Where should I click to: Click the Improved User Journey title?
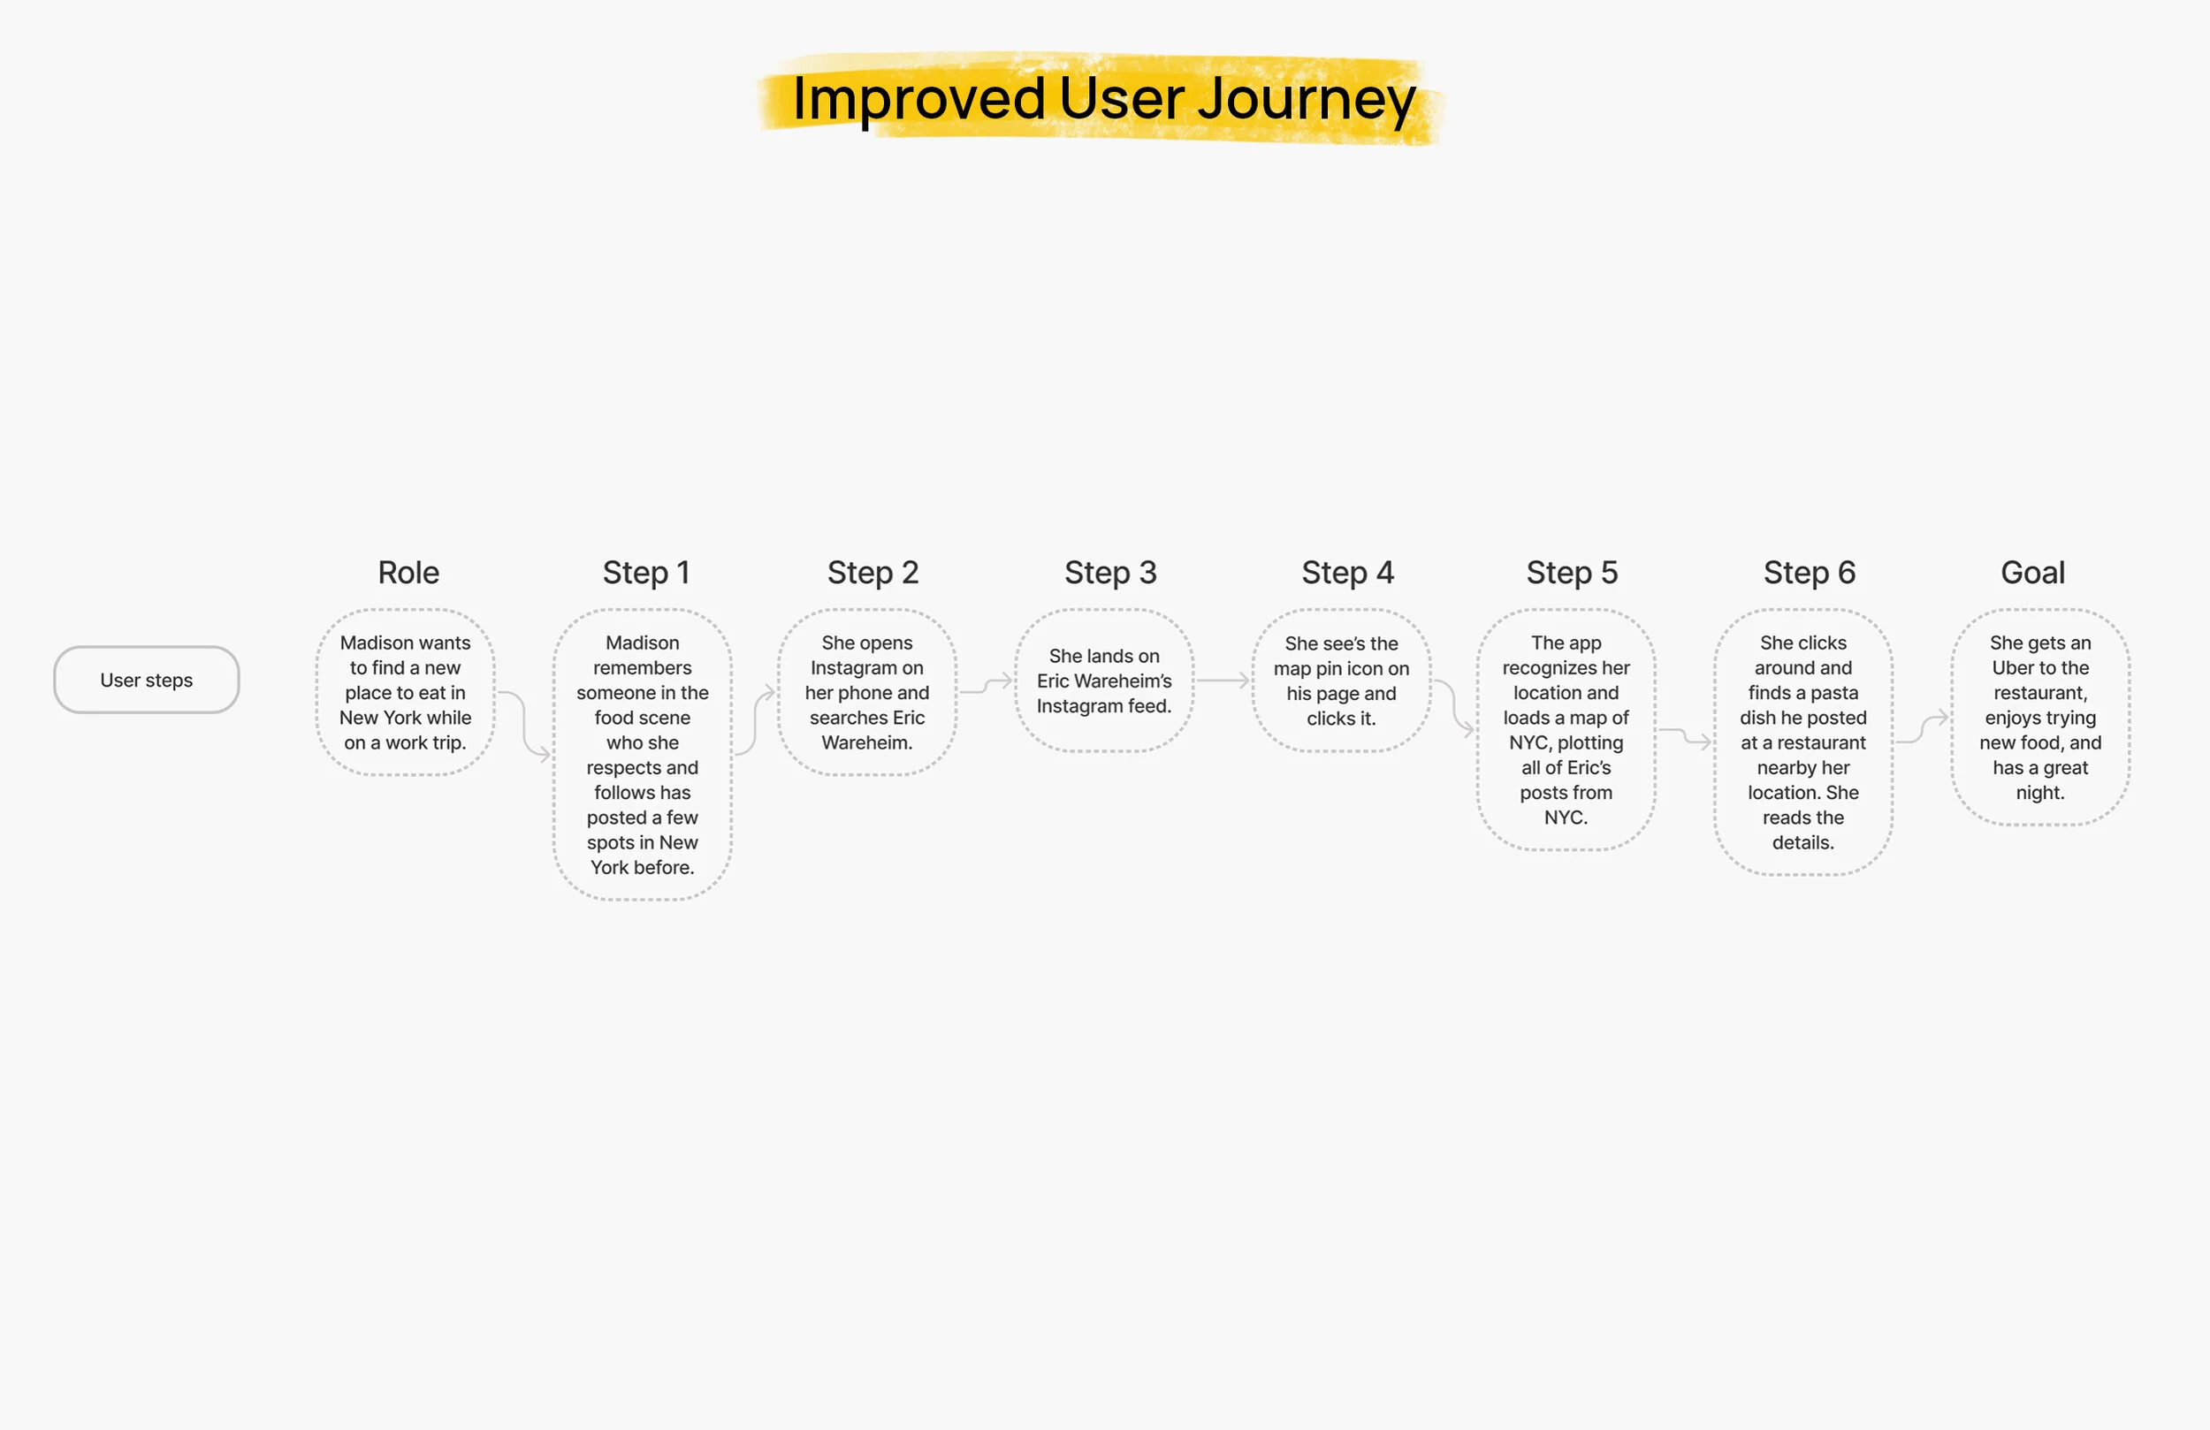click(x=1103, y=98)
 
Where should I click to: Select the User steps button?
click(x=147, y=680)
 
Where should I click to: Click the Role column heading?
click(x=408, y=572)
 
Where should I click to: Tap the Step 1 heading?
click(x=646, y=572)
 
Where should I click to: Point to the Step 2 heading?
click(x=873, y=572)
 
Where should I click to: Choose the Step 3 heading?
click(x=1110, y=572)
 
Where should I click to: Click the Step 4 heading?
click(x=1347, y=572)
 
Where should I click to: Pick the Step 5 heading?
click(x=1572, y=572)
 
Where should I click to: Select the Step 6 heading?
click(x=1809, y=572)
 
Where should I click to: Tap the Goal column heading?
click(x=2032, y=572)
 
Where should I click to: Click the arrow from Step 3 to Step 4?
click(x=1222, y=681)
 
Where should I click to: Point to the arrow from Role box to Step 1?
click(x=524, y=725)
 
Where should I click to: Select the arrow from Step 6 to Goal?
click(x=1921, y=730)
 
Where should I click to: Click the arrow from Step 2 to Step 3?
click(x=985, y=686)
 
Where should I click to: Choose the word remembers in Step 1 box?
click(x=643, y=667)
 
